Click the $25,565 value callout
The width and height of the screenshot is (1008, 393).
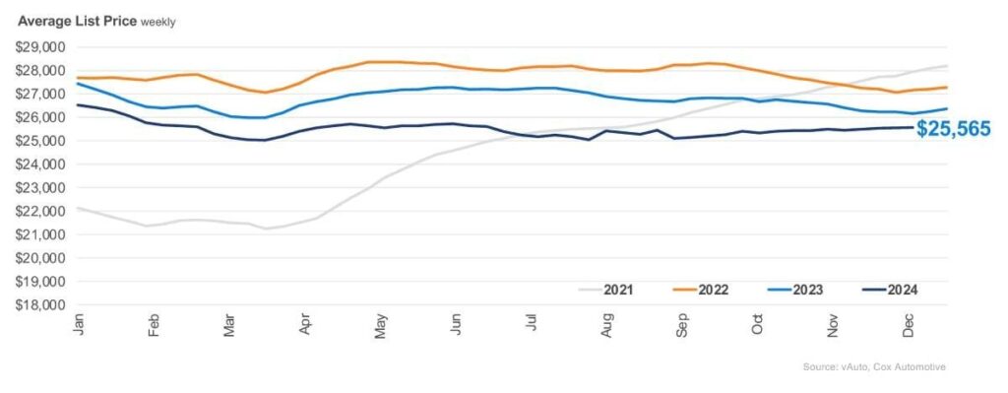click(x=953, y=129)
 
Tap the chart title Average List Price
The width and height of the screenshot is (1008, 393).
click(x=77, y=22)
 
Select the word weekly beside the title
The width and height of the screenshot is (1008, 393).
click(x=158, y=23)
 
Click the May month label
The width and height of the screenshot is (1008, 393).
click(x=381, y=325)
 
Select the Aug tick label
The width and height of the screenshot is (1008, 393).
click(x=607, y=325)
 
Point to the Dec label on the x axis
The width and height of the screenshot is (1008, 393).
click(x=909, y=325)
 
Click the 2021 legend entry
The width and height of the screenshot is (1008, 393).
click(x=605, y=290)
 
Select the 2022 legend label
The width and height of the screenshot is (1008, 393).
click(x=701, y=290)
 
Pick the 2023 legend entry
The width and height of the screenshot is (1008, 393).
click(x=795, y=290)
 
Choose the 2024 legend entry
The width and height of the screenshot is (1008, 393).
click(x=890, y=290)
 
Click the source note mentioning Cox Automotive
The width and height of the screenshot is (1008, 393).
click(x=874, y=366)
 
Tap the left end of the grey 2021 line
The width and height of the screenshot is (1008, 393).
click(x=77, y=208)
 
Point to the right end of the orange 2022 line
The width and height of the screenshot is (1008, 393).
click(x=947, y=88)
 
